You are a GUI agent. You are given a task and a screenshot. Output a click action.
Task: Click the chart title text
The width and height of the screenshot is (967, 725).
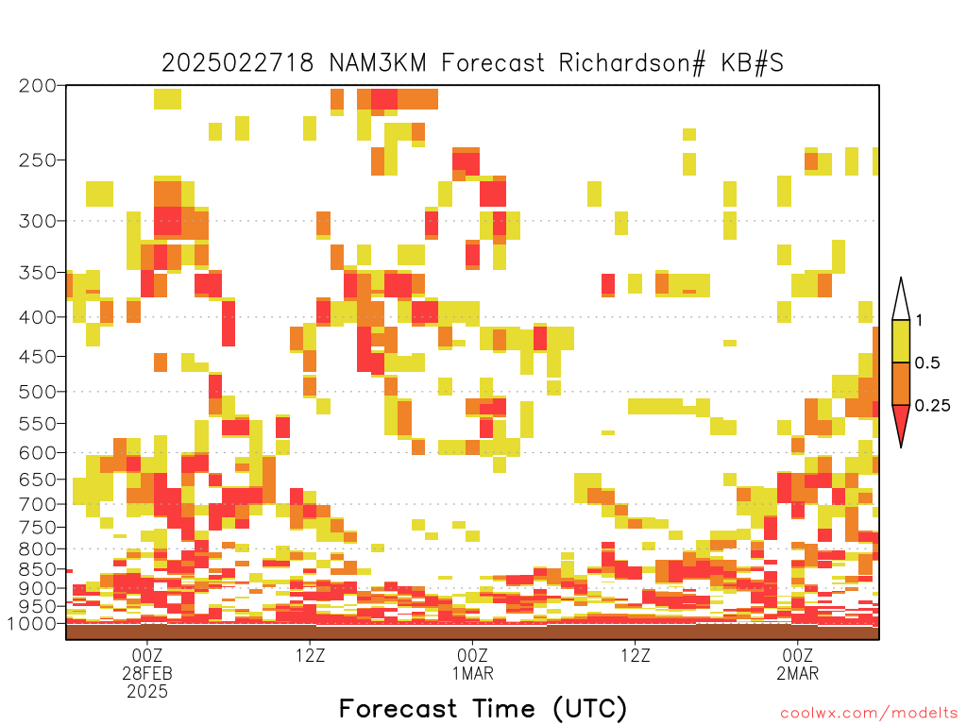point(472,63)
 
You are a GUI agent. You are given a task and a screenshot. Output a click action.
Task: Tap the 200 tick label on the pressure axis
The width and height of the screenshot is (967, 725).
point(37,86)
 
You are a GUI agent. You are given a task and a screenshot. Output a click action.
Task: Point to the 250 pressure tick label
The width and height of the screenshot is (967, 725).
point(37,160)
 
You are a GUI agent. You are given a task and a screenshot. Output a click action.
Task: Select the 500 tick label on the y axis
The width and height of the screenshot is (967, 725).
point(37,392)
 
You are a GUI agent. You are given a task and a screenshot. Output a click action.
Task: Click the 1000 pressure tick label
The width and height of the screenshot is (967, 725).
point(32,624)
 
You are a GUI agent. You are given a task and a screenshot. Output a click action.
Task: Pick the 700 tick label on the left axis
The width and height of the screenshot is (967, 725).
point(37,504)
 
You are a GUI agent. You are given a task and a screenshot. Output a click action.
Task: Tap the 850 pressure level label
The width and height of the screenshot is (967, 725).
point(37,569)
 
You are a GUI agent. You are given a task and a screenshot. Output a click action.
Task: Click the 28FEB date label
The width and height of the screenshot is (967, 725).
point(147,673)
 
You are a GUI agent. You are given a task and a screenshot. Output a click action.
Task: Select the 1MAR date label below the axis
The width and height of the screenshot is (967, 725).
point(472,673)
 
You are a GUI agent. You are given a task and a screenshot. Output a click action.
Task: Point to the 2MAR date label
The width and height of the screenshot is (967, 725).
point(797,673)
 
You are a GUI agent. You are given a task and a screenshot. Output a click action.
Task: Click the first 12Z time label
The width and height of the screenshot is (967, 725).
point(310,655)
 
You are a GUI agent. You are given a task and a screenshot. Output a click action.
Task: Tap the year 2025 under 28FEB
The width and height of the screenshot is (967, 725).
point(147,692)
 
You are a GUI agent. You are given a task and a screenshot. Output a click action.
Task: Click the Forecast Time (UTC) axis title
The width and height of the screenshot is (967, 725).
point(483,709)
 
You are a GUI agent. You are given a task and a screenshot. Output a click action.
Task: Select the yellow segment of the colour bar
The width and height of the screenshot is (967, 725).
point(901,341)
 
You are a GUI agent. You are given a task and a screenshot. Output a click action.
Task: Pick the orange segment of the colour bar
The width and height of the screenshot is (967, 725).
point(901,383)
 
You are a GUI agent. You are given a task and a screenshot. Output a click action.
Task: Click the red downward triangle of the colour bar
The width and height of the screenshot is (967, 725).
point(901,422)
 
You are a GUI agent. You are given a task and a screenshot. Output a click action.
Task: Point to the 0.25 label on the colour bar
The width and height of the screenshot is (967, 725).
point(932,406)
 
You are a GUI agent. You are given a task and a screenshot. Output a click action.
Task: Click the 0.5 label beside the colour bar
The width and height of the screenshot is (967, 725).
point(927,363)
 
